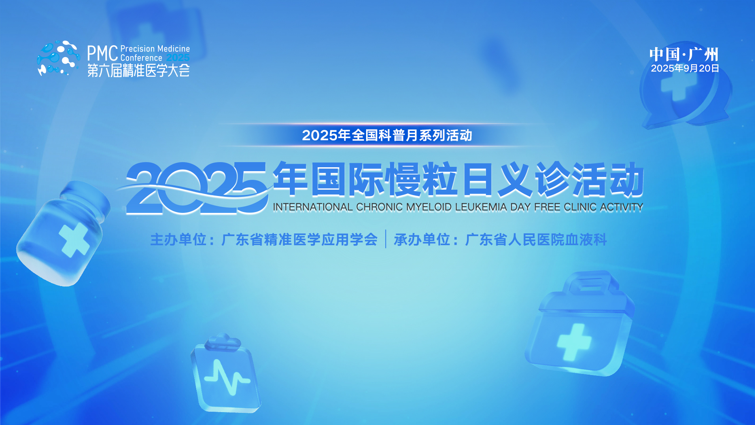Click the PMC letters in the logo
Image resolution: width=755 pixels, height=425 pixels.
(x=103, y=53)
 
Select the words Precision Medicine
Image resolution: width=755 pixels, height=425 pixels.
(x=155, y=49)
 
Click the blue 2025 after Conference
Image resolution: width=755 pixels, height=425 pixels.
(x=178, y=58)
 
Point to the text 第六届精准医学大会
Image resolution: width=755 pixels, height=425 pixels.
(x=138, y=70)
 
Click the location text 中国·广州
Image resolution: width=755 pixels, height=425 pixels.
(x=684, y=54)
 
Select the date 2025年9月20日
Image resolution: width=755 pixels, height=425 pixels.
(x=685, y=68)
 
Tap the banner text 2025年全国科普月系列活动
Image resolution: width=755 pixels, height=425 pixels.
(x=387, y=135)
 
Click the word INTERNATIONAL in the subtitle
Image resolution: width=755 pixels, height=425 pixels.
(x=313, y=207)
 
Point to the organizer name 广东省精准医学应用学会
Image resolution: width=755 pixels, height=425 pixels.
(x=300, y=240)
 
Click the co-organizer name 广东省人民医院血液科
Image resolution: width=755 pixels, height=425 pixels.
(x=536, y=240)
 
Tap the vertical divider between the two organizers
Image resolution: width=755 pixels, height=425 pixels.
(x=386, y=239)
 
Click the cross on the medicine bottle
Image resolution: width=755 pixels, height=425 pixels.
(x=74, y=240)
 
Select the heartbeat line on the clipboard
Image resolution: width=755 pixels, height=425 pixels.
(x=227, y=377)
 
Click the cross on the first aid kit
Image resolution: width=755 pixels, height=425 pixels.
(x=574, y=342)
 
